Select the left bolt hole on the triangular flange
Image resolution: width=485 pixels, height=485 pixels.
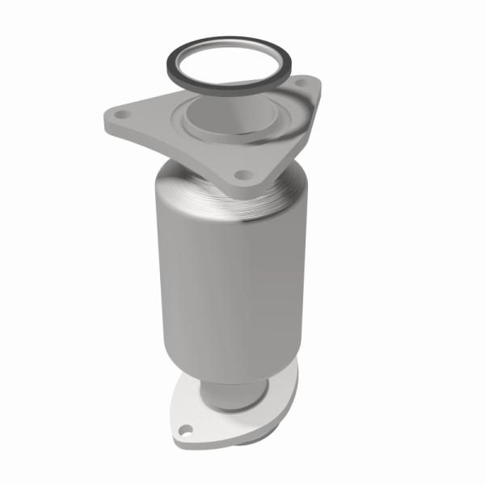pyautogui.click(x=122, y=116)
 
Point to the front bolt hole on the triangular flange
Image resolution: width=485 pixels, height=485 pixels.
pyautogui.click(x=239, y=173)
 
